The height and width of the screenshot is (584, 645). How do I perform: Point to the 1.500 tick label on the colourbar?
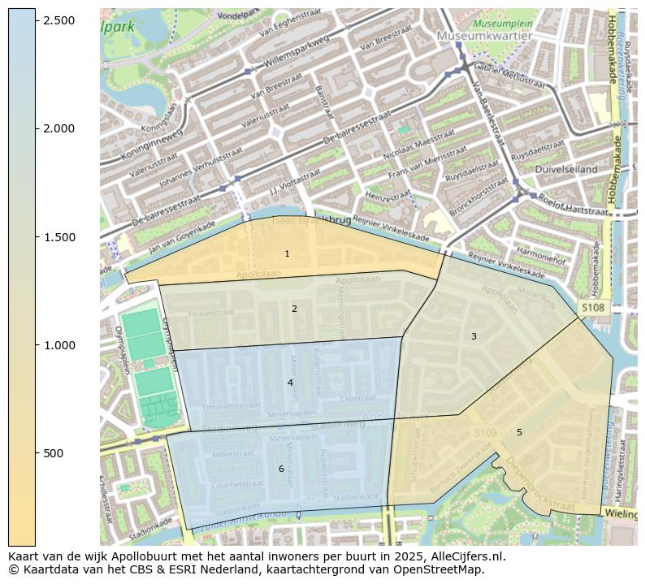click(58, 237)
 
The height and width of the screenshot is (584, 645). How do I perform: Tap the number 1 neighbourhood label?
click(287, 254)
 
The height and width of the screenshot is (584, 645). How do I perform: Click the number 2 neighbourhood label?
click(294, 309)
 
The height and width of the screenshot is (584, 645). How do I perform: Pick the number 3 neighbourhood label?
click(474, 336)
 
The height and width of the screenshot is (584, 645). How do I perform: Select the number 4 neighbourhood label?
click(290, 383)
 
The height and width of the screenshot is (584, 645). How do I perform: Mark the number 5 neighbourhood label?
click(519, 432)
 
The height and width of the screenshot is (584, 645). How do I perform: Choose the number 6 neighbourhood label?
click(281, 469)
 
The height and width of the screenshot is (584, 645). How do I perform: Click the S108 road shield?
click(593, 308)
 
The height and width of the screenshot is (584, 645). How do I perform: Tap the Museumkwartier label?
click(484, 36)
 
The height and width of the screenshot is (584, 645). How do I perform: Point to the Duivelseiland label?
click(566, 169)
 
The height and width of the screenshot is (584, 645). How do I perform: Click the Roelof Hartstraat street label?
click(574, 203)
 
